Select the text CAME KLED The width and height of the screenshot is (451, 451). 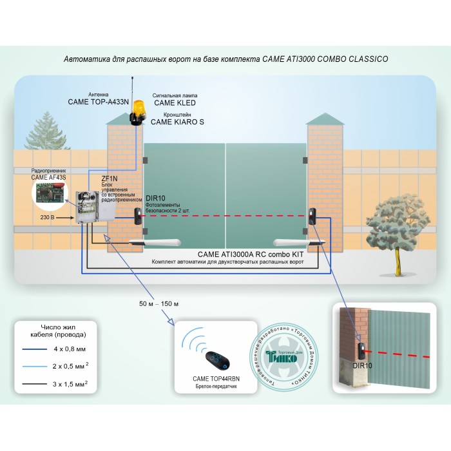pos(174,102)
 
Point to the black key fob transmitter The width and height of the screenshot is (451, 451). pos(212,359)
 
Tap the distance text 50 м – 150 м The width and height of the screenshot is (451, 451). pos(158,303)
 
